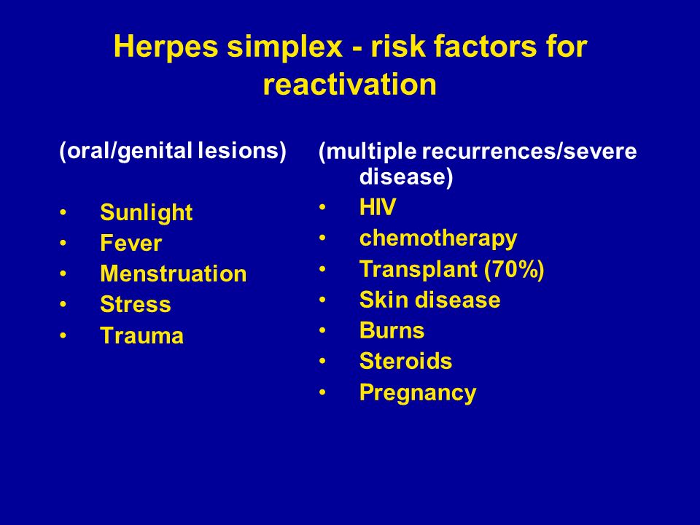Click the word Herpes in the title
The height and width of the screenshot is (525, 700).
pos(166,47)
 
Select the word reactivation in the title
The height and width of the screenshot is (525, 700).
pos(349,85)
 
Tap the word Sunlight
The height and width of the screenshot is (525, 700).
pos(147,213)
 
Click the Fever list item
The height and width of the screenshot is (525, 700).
pos(131,244)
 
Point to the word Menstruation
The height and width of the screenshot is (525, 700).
pos(174,273)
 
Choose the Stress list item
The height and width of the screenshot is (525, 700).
pos(136,305)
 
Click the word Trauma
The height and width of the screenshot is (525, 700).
pos(142,335)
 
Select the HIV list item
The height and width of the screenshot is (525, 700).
pos(378,207)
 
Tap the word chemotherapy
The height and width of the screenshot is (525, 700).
pos(438,239)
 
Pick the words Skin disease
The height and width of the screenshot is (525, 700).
pos(430,300)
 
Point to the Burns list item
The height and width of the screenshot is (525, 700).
pos(392,330)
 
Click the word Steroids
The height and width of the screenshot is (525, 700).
pos(406,361)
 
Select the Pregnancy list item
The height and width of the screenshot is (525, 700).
pos(418,393)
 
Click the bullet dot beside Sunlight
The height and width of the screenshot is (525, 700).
pos(63,213)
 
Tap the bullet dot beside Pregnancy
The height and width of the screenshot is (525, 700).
pos(322,393)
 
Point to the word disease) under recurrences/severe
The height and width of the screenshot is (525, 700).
pos(406,176)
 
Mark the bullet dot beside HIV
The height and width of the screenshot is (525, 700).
pos(322,208)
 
